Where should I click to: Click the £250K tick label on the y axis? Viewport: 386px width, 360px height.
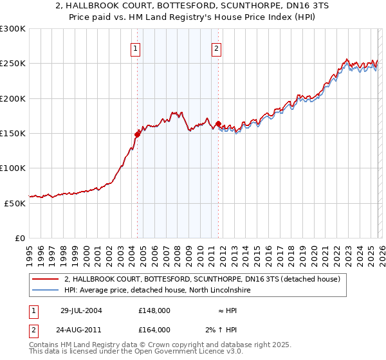[x=13, y=64]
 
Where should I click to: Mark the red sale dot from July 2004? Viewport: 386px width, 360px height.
[x=137, y=134]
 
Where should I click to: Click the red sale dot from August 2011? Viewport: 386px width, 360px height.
[x=218, y=123]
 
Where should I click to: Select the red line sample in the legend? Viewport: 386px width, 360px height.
[x=46, y=279]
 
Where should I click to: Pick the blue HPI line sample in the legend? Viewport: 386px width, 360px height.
[x=46, y=290]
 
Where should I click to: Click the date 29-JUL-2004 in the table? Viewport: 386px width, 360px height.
[x=81, y=310]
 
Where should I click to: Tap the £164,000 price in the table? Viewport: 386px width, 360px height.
[x=154, y=329]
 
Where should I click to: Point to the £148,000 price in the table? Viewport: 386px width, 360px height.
[x=154, y=310]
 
